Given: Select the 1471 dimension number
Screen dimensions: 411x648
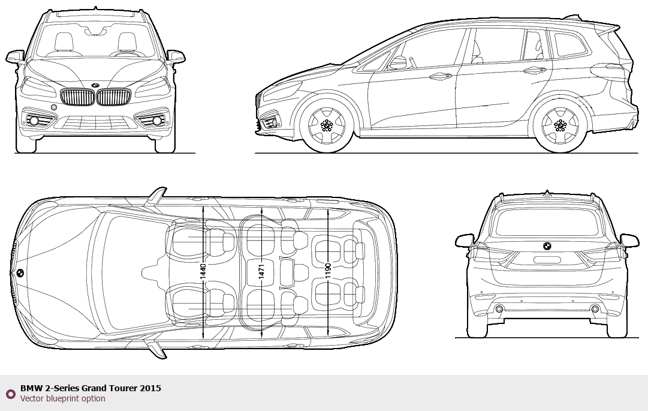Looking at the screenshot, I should (261, 273).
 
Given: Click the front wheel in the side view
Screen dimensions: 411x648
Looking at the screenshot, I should (327, 125).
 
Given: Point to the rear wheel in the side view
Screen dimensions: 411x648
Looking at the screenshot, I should (560, 125).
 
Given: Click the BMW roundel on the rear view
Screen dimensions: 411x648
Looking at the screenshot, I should (547, 246).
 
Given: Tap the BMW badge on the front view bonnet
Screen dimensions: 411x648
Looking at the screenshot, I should (95, 85).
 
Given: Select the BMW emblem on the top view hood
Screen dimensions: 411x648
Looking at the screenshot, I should (20, 273).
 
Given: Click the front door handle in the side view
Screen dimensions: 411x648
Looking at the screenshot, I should (441, 76).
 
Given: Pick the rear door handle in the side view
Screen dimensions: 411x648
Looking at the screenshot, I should (535, 70).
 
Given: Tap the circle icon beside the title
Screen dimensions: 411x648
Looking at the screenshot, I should (10, 394).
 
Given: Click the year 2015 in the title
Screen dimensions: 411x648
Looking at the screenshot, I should (150, 389).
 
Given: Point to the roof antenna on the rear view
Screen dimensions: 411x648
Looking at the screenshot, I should (547, 193).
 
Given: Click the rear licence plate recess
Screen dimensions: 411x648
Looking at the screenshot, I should (547, 260).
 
